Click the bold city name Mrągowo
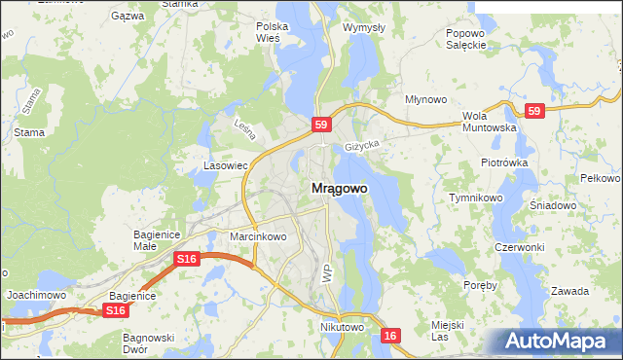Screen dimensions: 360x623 (x=339, y=189)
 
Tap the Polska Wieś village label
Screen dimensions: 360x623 (x=268, y=32)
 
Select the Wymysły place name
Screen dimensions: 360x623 (x=364, y=27)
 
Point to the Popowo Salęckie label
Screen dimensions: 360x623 (x=465, y=38)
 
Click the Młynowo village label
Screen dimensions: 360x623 (x=425, y=99)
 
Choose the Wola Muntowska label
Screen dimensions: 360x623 (x=489, y=121)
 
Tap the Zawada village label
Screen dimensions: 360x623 (x=569, y=291)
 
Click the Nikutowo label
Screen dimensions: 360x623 (x=342, y=328)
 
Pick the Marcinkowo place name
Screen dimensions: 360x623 (x=258, y=236)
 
